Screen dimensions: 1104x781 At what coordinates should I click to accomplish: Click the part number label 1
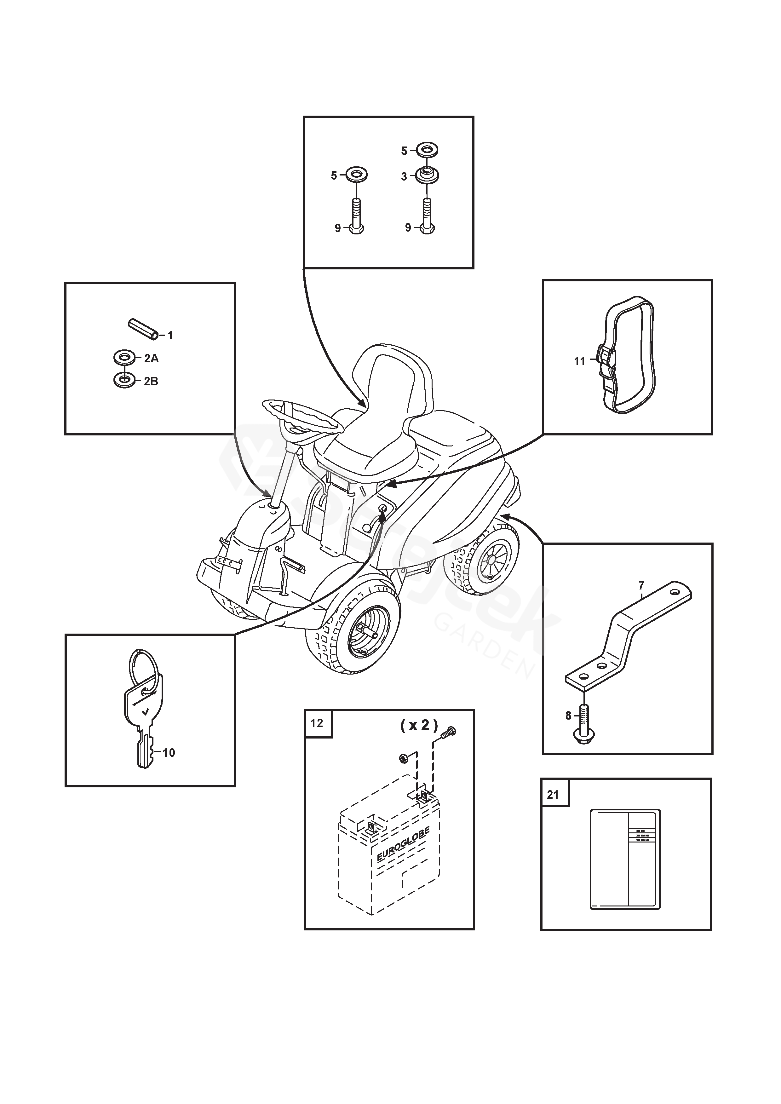point(170,335)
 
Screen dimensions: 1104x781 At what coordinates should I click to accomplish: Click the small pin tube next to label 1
point(142,329)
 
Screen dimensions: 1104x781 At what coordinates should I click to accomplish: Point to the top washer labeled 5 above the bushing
point(427,150)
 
